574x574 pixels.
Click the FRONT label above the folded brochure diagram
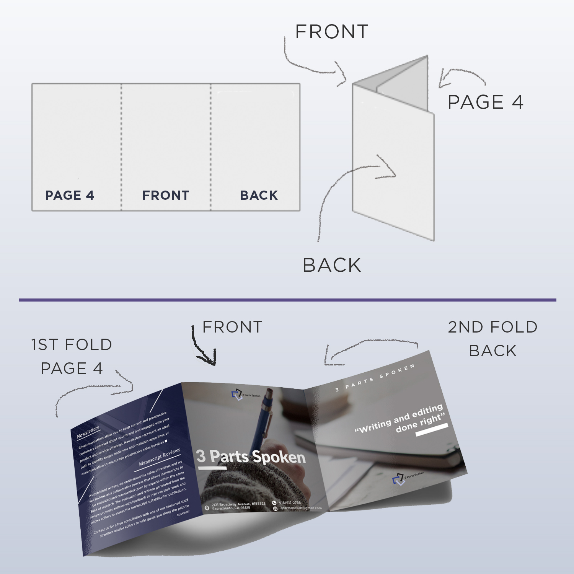coord(331,32)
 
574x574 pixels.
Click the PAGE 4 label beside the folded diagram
coord(485,102)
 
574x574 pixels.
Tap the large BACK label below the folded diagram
coord(332,265)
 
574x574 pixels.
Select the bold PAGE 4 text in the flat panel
coord(70,196)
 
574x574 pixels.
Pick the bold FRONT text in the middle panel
coord(166,196)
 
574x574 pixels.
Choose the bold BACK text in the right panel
coord(259,196)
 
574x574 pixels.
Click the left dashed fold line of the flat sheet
coord(121,145)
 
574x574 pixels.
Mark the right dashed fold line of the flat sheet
coord(210,145)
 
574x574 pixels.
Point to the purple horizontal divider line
coord(287,300)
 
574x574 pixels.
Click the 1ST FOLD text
coord(72,345)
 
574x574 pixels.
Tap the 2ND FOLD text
coord(492,327)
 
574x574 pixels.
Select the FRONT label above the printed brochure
coord(232,327)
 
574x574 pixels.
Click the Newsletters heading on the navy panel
coord(88,432)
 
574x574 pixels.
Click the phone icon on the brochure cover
coord(274,503)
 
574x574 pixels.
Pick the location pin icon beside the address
coord(207,508)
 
